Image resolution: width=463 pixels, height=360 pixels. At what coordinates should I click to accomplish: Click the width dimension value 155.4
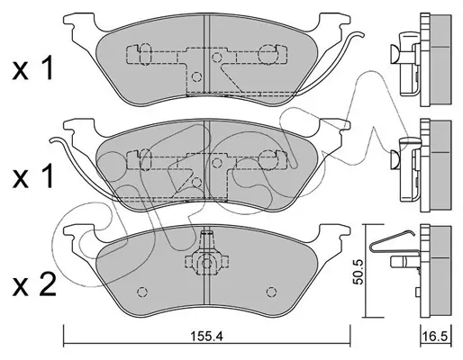[206, 337]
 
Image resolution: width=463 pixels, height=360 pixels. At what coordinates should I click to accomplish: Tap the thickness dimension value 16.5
[436, 337]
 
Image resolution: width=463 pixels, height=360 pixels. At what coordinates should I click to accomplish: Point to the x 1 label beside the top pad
[32, 69]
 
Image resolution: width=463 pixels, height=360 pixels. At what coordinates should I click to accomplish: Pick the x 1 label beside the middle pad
[32, 176]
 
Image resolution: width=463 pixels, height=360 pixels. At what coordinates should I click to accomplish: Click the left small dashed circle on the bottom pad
[142, 292]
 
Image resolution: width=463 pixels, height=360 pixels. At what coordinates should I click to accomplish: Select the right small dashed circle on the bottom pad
[271, 292]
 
